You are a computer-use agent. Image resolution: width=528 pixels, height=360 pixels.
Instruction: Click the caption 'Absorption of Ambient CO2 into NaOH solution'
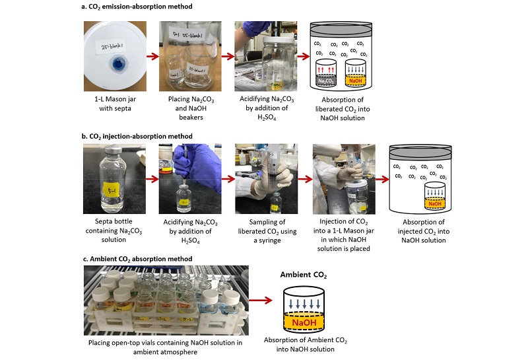tap(306, 344)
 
